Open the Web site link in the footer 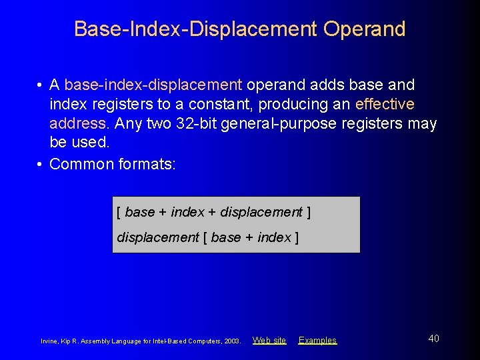click(x=269, y=340)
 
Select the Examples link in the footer click(x=317, y=340)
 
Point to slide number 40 click(x=433, y=339)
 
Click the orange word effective click(x=385, y=105)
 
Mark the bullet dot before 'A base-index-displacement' click(x=41, y=85)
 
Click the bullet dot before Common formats click(x=41, y=164)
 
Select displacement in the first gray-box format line click(x=261, y=212)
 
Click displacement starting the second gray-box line click(x=158, y=237)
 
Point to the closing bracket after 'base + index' click(x=296, y=237)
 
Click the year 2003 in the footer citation click(x=232, y=341)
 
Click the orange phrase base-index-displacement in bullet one click(x=153, y=85)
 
